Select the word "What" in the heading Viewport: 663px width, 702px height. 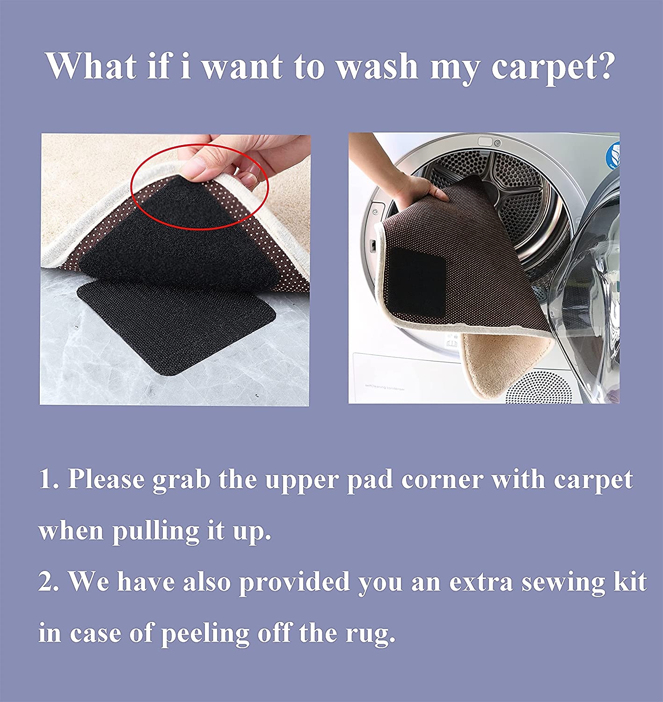point(92,66)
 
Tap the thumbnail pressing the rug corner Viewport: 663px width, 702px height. point(196,166)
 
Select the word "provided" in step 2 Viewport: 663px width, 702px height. point(294,583)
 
